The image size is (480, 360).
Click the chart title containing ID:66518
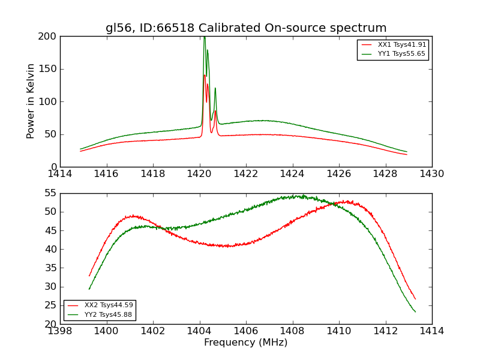point(246,28)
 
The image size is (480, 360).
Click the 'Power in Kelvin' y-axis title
point(31,101)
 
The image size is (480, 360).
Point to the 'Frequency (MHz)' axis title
point(246,343)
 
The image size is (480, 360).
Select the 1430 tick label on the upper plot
point(432,173)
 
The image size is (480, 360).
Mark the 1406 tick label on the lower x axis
point(246,331)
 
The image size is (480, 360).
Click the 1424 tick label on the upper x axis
point(292,173)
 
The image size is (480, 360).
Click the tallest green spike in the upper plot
point(204,38)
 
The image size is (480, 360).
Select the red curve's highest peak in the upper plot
point(204,75)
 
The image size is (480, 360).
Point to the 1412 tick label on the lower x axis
point(385,331)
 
